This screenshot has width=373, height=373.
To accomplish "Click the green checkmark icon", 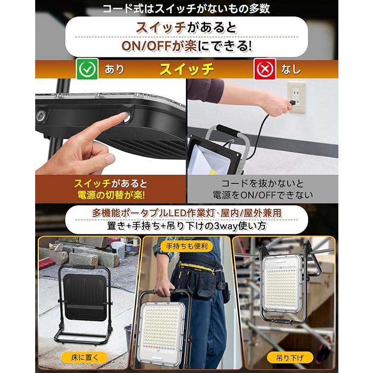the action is pos(87,69).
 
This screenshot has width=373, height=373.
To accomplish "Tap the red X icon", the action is pos(265,69).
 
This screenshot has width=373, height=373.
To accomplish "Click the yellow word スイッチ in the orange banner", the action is pos(186,69).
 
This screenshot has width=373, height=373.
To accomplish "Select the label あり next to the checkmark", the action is pos(115,69).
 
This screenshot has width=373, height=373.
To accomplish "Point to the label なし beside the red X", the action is pos(291,69).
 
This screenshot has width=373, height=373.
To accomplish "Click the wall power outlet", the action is pos(296,98).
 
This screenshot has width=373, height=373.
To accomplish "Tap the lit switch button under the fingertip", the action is pos(127,118).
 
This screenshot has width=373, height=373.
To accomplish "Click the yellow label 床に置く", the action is pos(85,358).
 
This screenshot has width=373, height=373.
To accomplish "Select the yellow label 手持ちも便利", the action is pos(186,246).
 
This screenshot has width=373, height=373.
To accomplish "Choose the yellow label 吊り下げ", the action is pos(290,358).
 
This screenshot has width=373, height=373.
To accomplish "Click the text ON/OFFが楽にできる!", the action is pos(186,46).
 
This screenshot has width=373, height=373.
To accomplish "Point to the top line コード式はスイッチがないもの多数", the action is pos(186,9).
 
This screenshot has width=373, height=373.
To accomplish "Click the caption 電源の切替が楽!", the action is pos(111,195).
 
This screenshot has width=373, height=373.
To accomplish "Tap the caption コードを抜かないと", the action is pos(263,183).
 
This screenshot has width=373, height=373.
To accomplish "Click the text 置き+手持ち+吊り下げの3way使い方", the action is pos(186,226).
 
